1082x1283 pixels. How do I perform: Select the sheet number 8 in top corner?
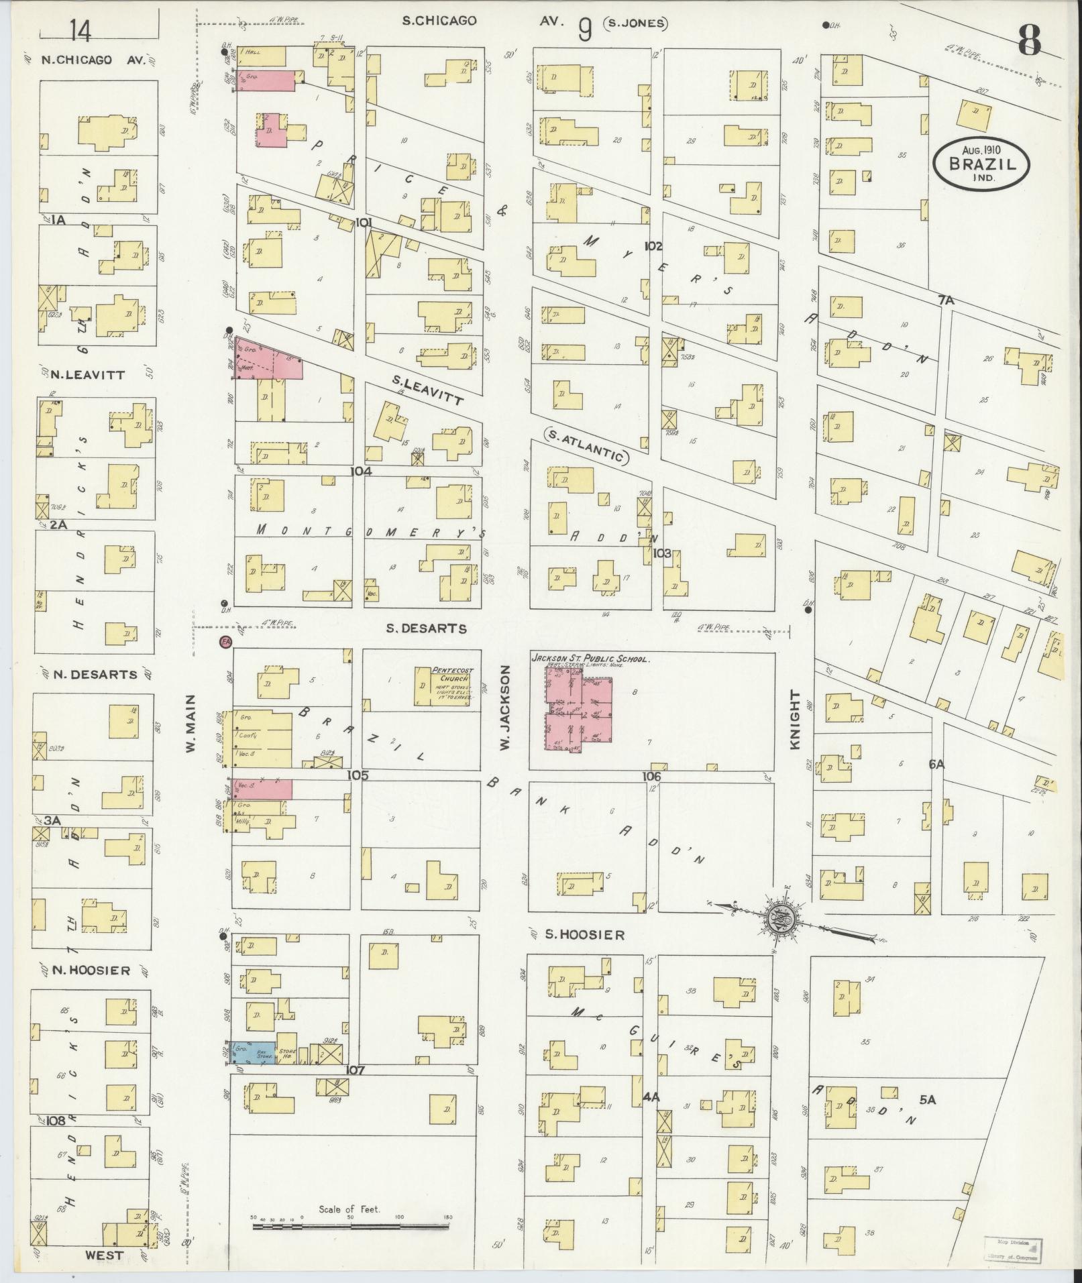[1028, 42]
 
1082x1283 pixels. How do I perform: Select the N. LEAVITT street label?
[88, 375]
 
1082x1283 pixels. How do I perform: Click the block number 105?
[358, 775]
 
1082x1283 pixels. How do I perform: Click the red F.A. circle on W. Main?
[225, 642]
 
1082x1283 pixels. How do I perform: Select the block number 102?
[653, 246]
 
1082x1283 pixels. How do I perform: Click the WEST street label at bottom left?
[105, 1255]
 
